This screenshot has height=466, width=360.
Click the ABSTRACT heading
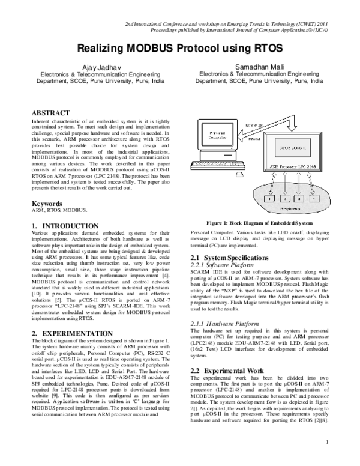53,113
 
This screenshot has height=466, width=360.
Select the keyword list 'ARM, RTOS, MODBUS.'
59,211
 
